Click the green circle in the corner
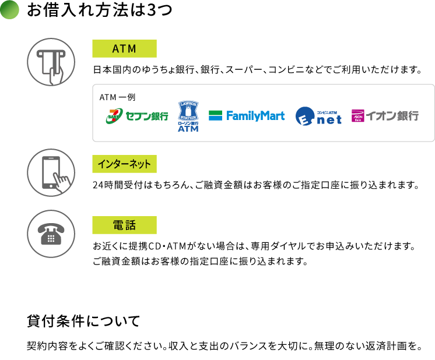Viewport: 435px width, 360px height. pyautogui.click(x=9, y=9)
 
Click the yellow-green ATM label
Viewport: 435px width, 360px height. pyautogui.click(x=124, y=49)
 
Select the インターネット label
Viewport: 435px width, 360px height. pyautogui.click(x=124, y=164)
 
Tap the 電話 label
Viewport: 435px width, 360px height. pyautogui.click(x=124, y=225)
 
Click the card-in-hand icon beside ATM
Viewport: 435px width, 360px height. pyautogui.click(x=52, y=68)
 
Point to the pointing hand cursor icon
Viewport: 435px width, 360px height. pyautogui.click(x=62, y=183)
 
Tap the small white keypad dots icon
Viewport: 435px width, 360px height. pyautogui.click(x=51, y=238)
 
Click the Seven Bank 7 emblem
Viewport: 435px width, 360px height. pyautogui.click(x=114, y=115)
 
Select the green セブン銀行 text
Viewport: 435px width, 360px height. pyautogui.click(x=147, y=116)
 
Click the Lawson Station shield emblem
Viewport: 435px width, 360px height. pyautogui.click(x=188, y=111)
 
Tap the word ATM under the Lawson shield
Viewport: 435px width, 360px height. pyautogui.click(x=188, y=128)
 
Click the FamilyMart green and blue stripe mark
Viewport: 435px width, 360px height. pyautogui.click(x=215, y=115)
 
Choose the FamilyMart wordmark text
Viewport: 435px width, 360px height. pyautogui.click(x=255, y=116)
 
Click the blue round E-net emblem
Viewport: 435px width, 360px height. pyautogui.click(x=305, y=116)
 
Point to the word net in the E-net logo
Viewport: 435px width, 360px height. pyautogui.click(x=329, y=119)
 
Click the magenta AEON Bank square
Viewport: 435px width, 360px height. pyautogui.click(x=357, y=116)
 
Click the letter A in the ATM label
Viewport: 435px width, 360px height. pyautogui.click(x=115, y=49)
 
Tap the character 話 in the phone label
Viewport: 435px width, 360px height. pyautogui.click(x=131, y=225)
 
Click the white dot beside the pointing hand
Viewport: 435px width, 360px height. pyautogui.click(x=51, y=186)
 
